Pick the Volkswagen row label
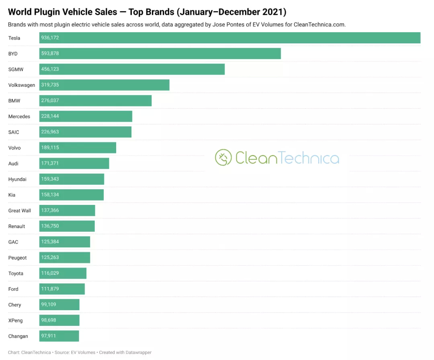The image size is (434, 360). click(x=22, y=85)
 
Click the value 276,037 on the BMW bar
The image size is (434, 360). click(x=50, y=100)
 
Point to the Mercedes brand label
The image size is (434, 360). click(x=19, y=117)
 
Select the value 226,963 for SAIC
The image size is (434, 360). click(x=50, y=132)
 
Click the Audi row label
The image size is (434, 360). click(x=13, y=164)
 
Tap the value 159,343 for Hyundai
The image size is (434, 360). click(x=50, y=179)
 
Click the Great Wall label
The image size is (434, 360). click(x=20, y=211)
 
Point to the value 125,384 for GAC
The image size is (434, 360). click(x=50, y=241)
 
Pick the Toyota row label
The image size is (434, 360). click(x=16, y=274)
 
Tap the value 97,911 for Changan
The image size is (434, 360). click(x=49, y=335)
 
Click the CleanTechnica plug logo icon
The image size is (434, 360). click(x=223, y=157)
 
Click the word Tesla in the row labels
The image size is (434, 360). click(x=14, y=38)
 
